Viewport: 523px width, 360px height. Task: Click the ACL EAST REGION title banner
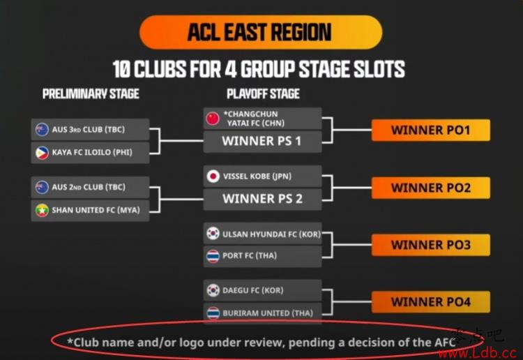(x=261, y=32)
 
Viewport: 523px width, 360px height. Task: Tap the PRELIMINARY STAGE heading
(x=91, y=94)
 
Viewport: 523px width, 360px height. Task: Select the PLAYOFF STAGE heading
(x=263, y=94)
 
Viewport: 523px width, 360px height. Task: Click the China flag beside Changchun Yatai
(x=213, y=119)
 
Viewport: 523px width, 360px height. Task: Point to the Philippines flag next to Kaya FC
(x=42, y=153)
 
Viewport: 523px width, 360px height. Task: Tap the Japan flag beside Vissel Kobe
(x=213, y=177)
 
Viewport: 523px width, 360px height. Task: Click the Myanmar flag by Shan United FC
(x=42, y=211)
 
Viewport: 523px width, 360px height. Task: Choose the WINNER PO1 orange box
(x=431, y=130)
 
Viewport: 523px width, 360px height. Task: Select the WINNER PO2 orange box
(x=431, y=188)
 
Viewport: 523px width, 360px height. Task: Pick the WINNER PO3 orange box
(x=431, y=245)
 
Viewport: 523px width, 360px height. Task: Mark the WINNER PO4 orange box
(x=431, y=302)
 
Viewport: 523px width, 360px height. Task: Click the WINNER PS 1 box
(x=262, y=142)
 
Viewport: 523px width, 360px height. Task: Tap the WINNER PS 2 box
(x=262, y=199)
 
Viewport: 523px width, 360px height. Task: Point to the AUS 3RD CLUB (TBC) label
(x=89, y=130)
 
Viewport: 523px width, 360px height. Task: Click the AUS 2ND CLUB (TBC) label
(x=89, y=187)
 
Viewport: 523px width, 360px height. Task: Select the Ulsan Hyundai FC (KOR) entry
(x=262, y=234)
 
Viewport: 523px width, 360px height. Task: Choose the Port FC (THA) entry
(x=262, y=256)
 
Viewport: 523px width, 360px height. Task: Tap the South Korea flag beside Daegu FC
(x=213, y=290)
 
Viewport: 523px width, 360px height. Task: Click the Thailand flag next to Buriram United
(x=213, y=313)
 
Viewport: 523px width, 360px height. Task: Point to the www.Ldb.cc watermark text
(x=478, y=353)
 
